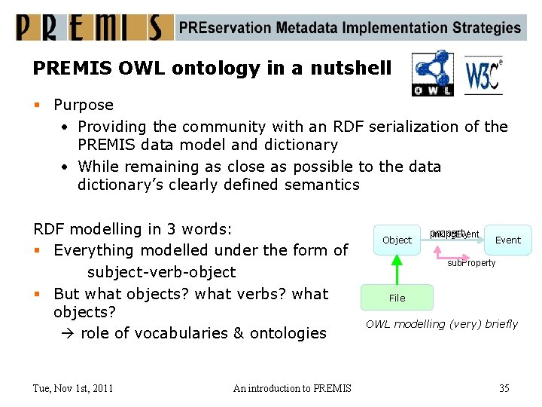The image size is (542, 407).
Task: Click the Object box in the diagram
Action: click(x=397, y=240)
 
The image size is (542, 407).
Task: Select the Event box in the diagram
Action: click(x=507, y=240)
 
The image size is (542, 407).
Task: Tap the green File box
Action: click(x=397, y=298)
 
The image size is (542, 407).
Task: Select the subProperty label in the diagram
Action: click(x=471, y=263)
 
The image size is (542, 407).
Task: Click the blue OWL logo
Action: click(x=433, y=73)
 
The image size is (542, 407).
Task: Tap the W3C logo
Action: click(x=483, y=75)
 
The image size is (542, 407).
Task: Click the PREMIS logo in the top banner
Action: click(x=90, y=28)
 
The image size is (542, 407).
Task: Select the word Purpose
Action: click(x=84, y=105)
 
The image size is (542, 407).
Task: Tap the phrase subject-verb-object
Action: click(x=161, y=272)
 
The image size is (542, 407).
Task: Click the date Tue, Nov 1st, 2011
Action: click(x=73, y=388)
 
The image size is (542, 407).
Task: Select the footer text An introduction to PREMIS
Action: click(x=292, y=388)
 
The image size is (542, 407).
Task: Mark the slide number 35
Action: click(x=504, y=388)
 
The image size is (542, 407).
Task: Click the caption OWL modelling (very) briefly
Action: click(x=442, y=324)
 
